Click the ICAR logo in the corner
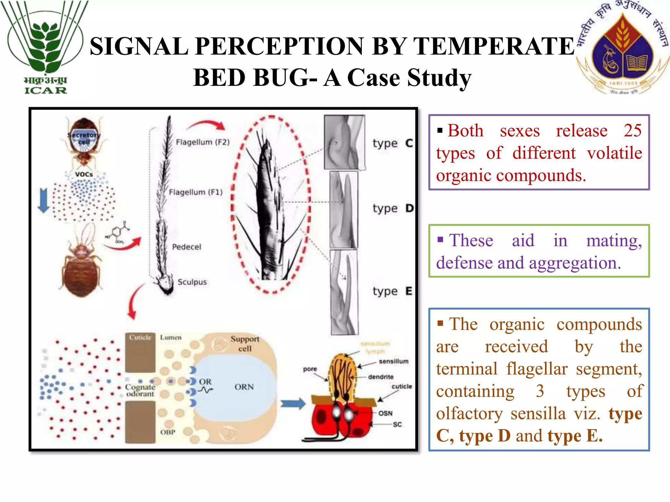(45, 47)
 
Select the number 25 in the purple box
(632, 130)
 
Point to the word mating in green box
(614, 241)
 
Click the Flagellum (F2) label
(203, 142)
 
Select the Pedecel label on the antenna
(186, 247)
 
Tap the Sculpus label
(192, 282)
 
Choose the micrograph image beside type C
(344, 142)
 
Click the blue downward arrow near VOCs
(44, 200)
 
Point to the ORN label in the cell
(244, 387)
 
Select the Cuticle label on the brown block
(140, 337)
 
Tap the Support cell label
(245, 343)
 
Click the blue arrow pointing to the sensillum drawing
(293, 404)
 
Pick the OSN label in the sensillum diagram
(385, 413)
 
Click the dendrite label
(381, 377)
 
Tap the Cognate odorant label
(140, 390)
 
